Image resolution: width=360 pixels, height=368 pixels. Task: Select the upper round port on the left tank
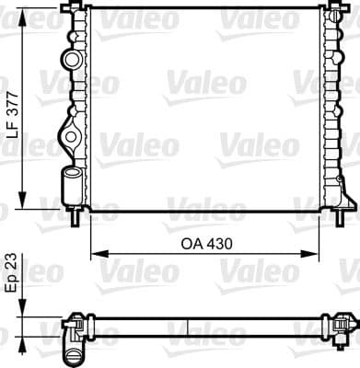72,62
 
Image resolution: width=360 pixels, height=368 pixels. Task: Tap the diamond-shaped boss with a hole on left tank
70,138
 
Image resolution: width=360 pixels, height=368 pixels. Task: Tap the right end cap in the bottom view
343,326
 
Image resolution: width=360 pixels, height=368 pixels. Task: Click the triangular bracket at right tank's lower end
346,198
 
